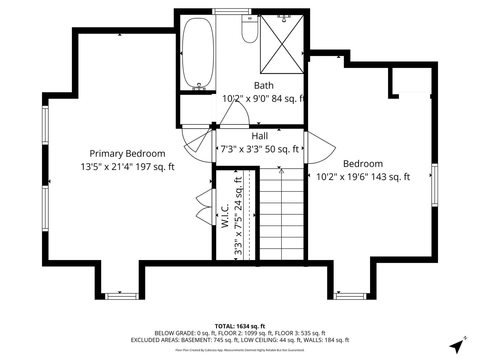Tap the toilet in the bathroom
tap(250, 29)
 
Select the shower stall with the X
tap(282, 44)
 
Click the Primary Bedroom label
tap(127, 154)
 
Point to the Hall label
tap(260, 136)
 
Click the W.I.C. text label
tap(225, 216)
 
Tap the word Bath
tap(264, 85)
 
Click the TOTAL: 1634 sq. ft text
tap(240, 326)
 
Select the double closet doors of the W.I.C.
tap(204, 207)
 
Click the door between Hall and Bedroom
tap(320, 147)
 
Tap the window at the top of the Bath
tap(232, 11)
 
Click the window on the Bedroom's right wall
tap(435, 185)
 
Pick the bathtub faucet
tap(199, 87)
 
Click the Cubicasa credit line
tap(240, 350)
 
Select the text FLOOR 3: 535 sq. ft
tap(300, 333)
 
